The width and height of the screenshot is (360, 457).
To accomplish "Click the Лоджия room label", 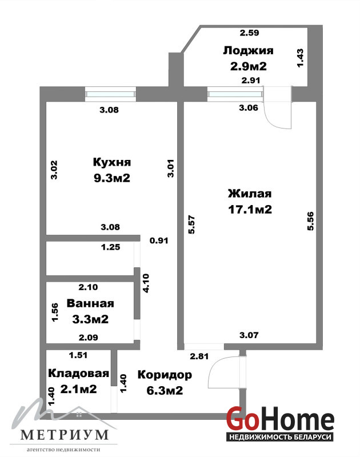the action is pos(249,51).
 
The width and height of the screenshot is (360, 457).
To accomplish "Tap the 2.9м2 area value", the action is pos(249,66).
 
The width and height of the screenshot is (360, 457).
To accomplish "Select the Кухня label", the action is pos(112,162).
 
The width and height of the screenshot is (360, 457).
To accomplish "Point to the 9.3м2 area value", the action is pos(112,178).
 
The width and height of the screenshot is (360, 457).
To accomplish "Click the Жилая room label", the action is pos(250,194).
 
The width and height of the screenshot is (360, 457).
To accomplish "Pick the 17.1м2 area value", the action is pos(250,209).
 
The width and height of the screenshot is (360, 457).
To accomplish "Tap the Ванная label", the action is pos(90,303).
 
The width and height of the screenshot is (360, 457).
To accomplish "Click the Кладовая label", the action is pos(79,374).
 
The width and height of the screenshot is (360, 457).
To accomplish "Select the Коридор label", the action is pos(165,375).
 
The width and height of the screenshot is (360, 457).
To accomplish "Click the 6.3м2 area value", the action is pos(165,391).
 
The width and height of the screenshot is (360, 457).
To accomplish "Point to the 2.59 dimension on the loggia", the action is pos(250,33).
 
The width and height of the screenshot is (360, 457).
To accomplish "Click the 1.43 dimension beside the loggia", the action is pos(300,58).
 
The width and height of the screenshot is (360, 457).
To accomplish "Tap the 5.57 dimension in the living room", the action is pos(192,225).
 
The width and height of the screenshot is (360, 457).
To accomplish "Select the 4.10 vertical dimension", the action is pos(146,283).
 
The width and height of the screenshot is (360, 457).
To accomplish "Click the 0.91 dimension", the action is pos(159,240).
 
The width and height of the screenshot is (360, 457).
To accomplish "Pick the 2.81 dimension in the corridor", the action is pos(199,356).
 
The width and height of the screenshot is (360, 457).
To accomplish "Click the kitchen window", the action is pos(111,94).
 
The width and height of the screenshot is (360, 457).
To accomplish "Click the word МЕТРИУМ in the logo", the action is pos(65,435).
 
